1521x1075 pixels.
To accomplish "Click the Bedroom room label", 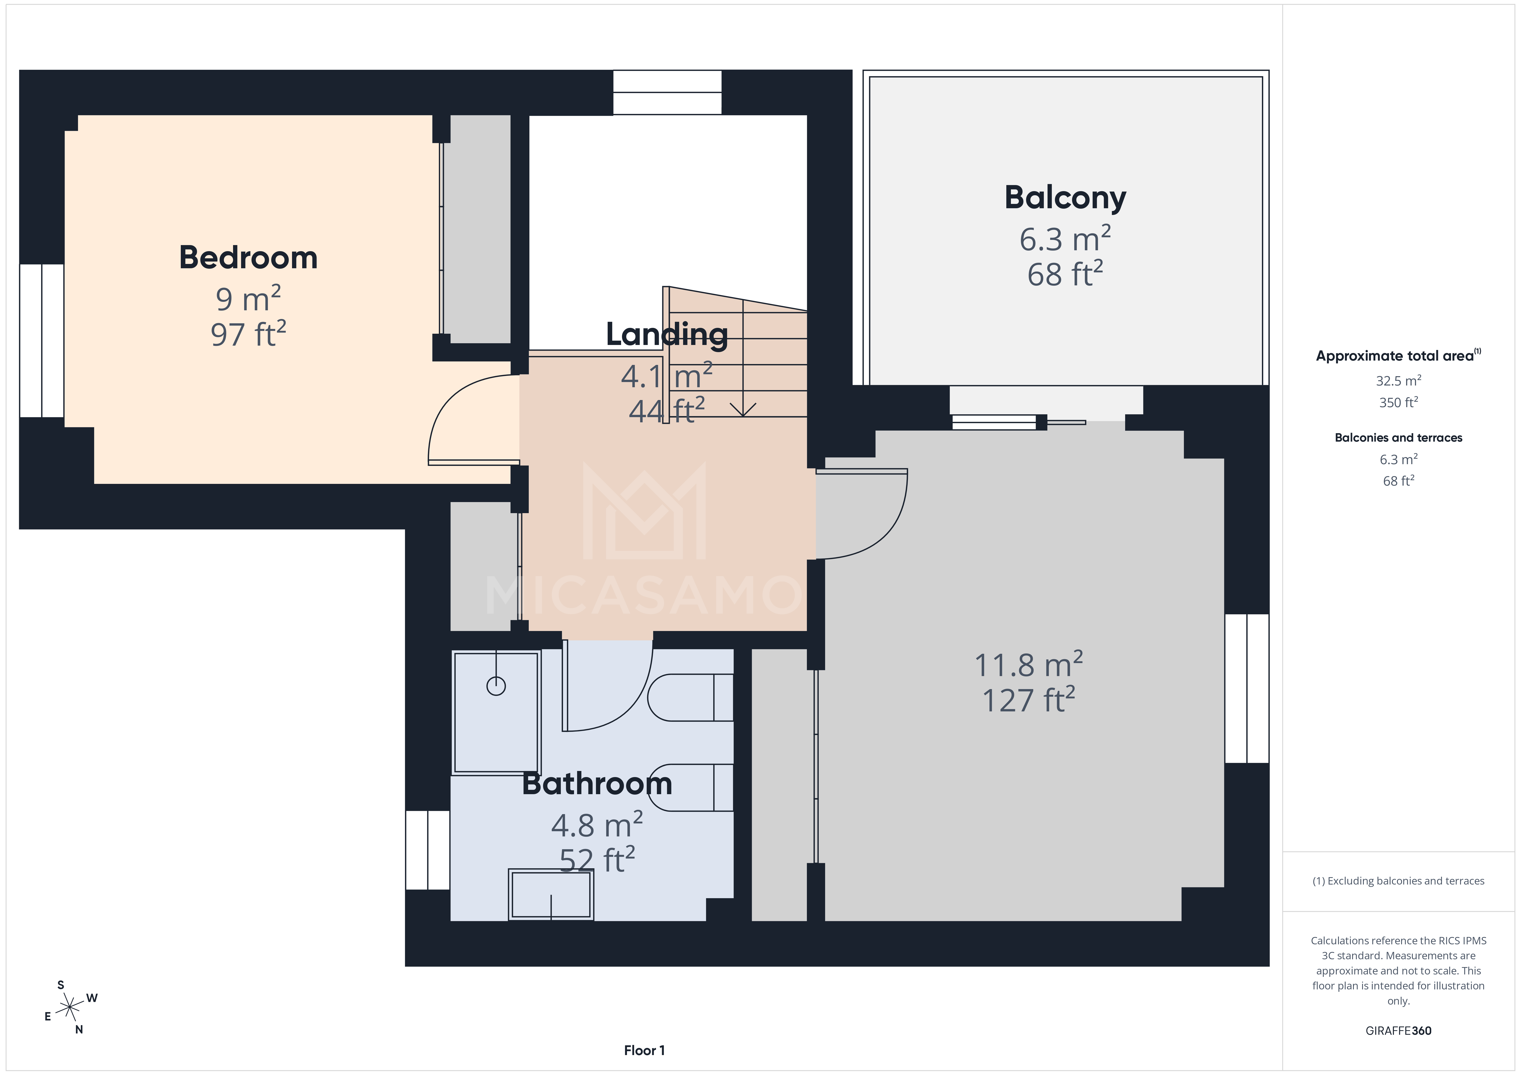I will (248, 258).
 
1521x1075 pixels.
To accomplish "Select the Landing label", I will (666, 335).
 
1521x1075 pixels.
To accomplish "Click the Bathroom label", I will (597, 784).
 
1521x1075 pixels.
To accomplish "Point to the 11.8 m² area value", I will (1028, 665).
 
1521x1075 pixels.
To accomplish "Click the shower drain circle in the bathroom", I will (496, 686).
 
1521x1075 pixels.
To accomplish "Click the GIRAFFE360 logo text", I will (1398, 1031).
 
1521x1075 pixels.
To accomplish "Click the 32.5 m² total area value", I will (1398, 381).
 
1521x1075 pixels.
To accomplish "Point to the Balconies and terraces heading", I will (1398, 438).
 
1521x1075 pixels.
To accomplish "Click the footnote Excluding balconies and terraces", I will (1398, 881).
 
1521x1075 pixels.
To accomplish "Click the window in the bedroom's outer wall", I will (42, 340).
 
